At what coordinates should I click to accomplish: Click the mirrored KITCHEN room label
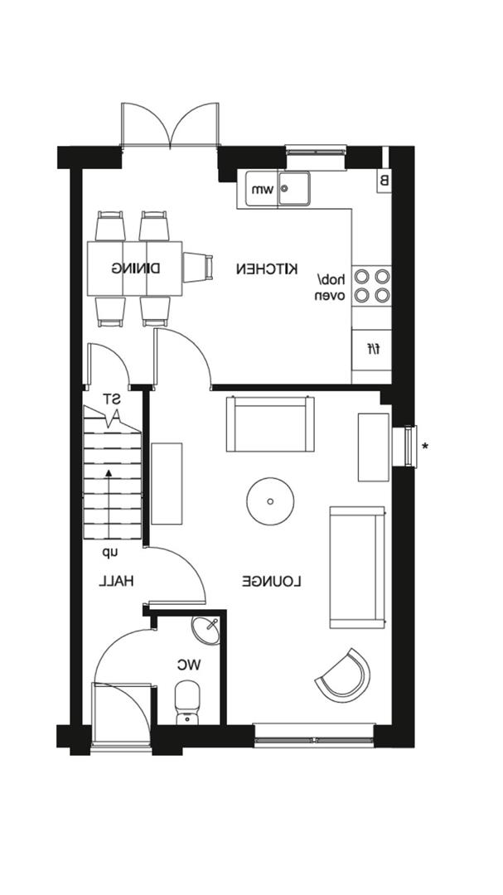pos(266,268)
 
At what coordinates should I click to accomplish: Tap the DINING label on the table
pos(135,268)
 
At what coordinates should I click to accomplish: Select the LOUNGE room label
pos(271,582)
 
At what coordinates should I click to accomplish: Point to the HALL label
pos(117,582)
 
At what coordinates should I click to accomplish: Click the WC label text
pos(190,664)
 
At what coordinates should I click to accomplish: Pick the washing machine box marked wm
pos(257,190)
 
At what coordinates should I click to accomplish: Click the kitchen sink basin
pos(293,188)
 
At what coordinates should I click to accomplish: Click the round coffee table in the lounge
pos(270,501)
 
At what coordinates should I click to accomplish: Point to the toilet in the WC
pos(188,701)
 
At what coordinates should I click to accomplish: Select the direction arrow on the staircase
pos(109,474)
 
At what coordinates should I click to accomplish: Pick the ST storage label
pos(110,399)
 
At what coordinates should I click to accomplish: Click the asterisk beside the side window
pos(425,447)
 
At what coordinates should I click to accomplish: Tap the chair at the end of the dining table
pos(196,268)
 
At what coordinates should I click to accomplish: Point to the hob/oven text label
pos(330,287)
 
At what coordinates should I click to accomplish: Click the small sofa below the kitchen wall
pos(270,424)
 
